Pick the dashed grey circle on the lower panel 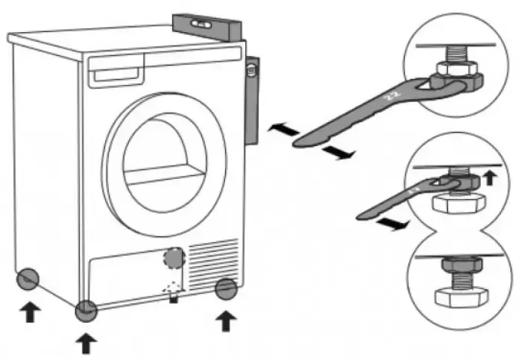pyautogui.click(x=173, y=258)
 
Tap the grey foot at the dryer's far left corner pyautogui.click(x=27, y=278)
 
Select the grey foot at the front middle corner pyautogui.click(x=86, y=309)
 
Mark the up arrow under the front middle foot pyautogui.click(x=86, y=342)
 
